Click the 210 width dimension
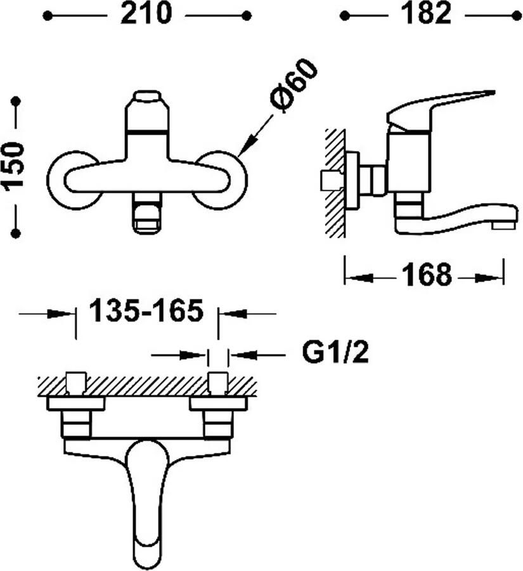coord(146,14)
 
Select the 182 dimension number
coord(426,14)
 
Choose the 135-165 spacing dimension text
coord(146,311)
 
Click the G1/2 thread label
coord(335,352)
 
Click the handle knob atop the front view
coord(147,98)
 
